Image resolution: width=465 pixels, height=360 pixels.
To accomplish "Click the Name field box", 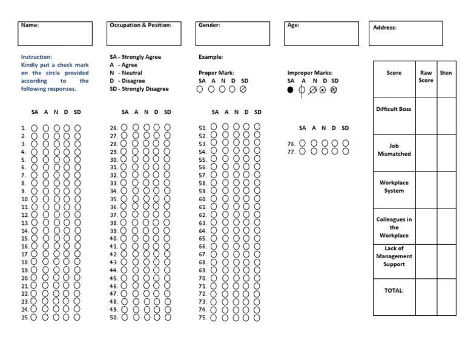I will (56, 34).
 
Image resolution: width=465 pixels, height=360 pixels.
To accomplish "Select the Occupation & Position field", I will (143, 34).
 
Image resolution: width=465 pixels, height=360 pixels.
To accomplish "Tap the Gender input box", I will (233, 34).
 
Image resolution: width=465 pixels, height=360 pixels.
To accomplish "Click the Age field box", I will (320, 34).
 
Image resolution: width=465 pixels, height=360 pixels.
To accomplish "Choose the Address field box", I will (405, 34).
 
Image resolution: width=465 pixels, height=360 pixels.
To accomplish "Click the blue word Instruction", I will (36, 57).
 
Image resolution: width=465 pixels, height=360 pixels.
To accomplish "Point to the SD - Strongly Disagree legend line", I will (139, 89).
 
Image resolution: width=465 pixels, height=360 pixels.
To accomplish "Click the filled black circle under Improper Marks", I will (291, 89).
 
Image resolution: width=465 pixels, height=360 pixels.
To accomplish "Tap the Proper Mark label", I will (216, 73).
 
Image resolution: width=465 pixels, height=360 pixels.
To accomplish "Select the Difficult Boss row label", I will (394, 109).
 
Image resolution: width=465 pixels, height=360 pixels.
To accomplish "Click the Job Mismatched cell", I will (394, 150).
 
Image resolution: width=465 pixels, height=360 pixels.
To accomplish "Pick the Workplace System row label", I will (394, 187).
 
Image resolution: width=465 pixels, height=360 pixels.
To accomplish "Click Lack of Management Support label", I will (394, 256).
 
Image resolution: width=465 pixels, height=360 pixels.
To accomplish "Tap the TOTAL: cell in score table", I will (394, 290).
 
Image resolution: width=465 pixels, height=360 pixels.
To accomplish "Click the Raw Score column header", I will (426, 76).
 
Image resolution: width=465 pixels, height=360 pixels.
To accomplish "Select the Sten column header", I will (446, 73).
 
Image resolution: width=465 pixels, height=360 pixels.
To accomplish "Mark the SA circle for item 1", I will (34, 128).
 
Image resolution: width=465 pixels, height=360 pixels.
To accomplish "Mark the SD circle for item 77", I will (345, 152).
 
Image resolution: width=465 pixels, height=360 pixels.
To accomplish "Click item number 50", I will (113, 317).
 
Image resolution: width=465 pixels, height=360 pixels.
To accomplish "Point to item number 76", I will (291, 144).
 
